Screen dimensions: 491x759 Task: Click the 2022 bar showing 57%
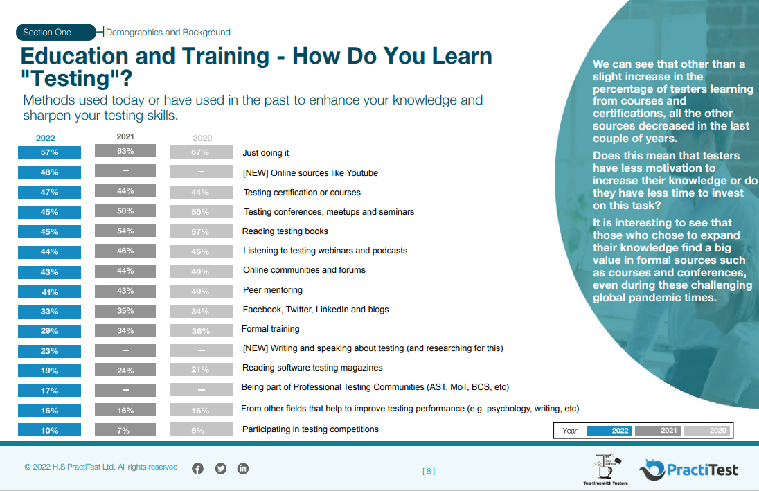[49, 152]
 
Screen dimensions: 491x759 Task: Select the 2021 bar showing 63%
[125, 151]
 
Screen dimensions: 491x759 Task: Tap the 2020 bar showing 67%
[201, 152]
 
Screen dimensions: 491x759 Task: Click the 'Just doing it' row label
[266, 152]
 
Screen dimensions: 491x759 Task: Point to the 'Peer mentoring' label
[272, 290]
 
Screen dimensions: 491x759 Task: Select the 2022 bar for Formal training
[49, 332]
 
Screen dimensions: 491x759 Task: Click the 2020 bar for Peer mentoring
[201, 292]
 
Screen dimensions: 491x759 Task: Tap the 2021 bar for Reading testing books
[125, 231]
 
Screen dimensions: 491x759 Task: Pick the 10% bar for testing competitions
[49, 431]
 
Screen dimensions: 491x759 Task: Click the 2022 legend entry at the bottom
[609, 431]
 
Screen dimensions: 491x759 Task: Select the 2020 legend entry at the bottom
[706, 431]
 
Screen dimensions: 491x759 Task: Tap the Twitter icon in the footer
[221, 468]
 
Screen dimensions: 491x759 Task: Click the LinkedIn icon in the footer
[243, 468]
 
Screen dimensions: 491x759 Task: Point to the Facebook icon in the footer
[197, 468]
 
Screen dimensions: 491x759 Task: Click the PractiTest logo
[688, 470]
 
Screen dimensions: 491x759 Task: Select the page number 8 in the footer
[429, 472]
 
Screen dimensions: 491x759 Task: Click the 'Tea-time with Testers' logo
[606, 469]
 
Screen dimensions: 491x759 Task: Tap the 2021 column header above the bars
[125, 136]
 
